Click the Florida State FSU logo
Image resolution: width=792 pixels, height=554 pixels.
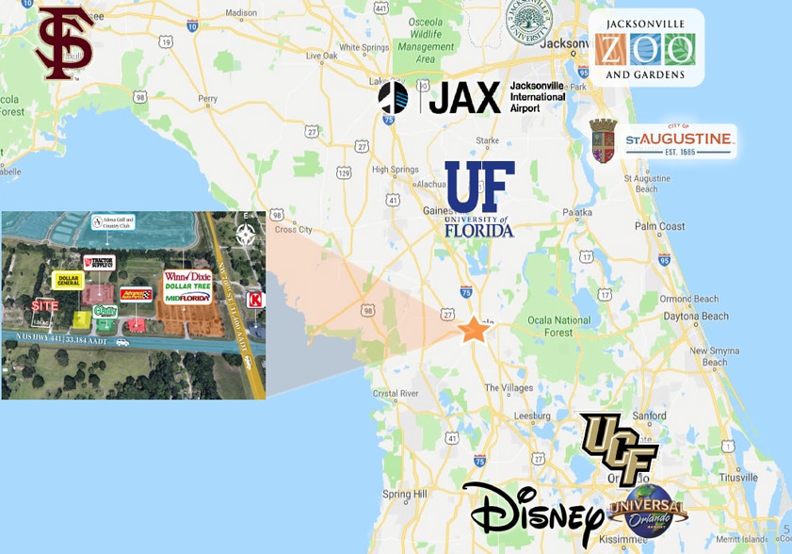coord(64,42)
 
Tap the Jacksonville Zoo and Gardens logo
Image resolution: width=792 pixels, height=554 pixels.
coord(645,48)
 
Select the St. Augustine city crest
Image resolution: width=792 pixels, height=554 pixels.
coord(603,140)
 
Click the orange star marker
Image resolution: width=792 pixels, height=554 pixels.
coord(473,330)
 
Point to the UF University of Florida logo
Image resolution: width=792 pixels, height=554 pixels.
coord(479,198)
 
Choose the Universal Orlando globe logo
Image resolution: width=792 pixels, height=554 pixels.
coord(649,510)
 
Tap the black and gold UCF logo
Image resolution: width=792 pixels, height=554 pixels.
coord(618,448)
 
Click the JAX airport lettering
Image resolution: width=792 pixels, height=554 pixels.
coord(464,97)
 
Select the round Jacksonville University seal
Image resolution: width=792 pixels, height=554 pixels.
coord(529,22)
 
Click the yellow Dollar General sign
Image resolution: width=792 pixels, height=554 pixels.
coord(68,280)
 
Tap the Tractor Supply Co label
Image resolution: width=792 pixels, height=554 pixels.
coord(98,263)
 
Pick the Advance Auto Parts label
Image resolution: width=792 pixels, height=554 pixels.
coord(136,294)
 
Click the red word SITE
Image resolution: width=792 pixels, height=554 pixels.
coord(44,305)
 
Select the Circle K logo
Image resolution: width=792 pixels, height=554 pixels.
coord(253,300)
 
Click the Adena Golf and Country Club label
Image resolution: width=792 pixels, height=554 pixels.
coord(113,222)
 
